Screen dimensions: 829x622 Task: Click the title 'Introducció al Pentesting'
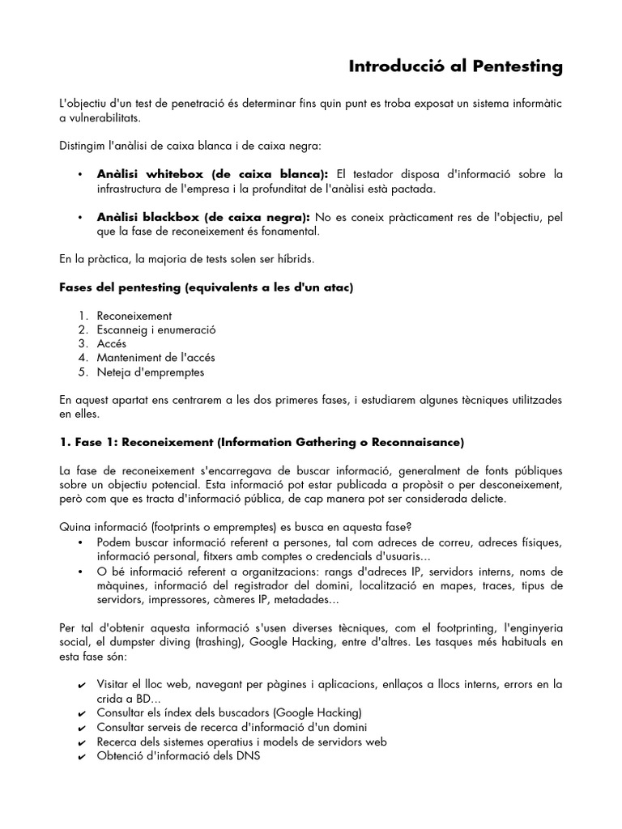coord(455,66)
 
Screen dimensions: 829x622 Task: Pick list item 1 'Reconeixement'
coord(134,316)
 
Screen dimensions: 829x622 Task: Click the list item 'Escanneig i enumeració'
coord(156,329)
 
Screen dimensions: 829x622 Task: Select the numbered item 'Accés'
coord(111,344)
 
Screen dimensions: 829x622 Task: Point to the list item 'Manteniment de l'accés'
coord(155,358)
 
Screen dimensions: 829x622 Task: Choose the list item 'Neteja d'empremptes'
coord(150,372)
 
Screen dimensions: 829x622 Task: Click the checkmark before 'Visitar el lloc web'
coord(82,686)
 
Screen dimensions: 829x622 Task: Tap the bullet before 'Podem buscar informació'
coord(82,542)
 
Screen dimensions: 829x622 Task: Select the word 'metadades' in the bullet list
coord(302,600)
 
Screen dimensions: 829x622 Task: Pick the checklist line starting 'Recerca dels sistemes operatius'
coord(241,742)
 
